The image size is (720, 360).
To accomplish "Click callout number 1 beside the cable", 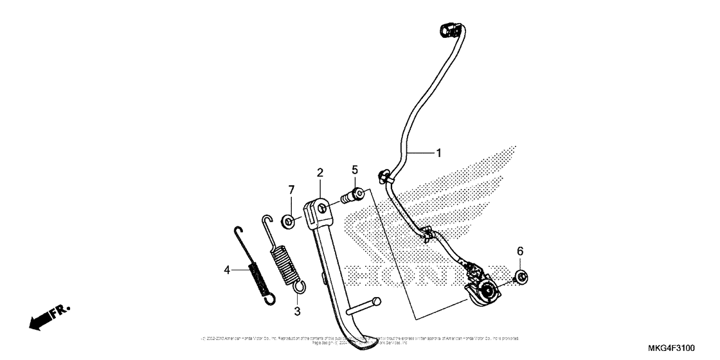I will click(x=438, y=153).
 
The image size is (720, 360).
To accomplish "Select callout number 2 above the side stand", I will click(x=319, y=172).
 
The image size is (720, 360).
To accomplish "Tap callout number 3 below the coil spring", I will click(x=297, y=311).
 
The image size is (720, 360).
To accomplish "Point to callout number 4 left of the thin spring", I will click(x=227, y=271).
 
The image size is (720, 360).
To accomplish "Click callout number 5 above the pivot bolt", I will click(x=354, y=170).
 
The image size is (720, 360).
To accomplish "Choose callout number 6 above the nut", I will click(x=521, y=251).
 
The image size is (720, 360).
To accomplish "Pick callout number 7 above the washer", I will click(x=291, y=190).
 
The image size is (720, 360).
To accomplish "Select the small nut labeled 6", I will click(x=522, y=277).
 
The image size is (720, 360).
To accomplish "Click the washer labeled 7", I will click(x=289, y=222).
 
